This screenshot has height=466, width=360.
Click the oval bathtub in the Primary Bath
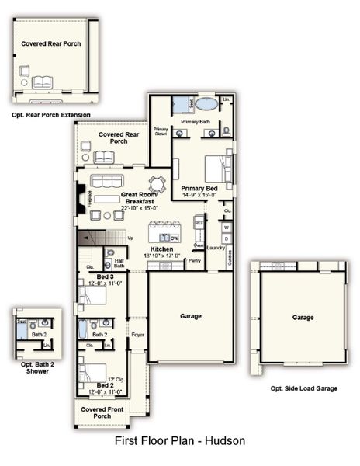(206, 103)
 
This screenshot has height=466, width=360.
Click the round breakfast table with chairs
(157, 184)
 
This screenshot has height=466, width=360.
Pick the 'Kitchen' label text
(161, 249)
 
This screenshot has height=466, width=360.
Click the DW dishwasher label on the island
(174, 238)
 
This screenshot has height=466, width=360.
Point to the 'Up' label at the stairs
(130, 238)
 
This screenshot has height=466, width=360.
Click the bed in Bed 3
(92, 295)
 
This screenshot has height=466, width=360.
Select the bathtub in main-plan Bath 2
(83, 329)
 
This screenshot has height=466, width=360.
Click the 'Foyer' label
(138, 335)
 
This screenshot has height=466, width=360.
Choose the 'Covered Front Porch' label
(102, 412)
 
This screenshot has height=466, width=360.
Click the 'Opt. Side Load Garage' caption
(303, 388)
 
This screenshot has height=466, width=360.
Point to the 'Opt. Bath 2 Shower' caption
(32, 368)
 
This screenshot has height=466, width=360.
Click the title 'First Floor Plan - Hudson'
(180, 441)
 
